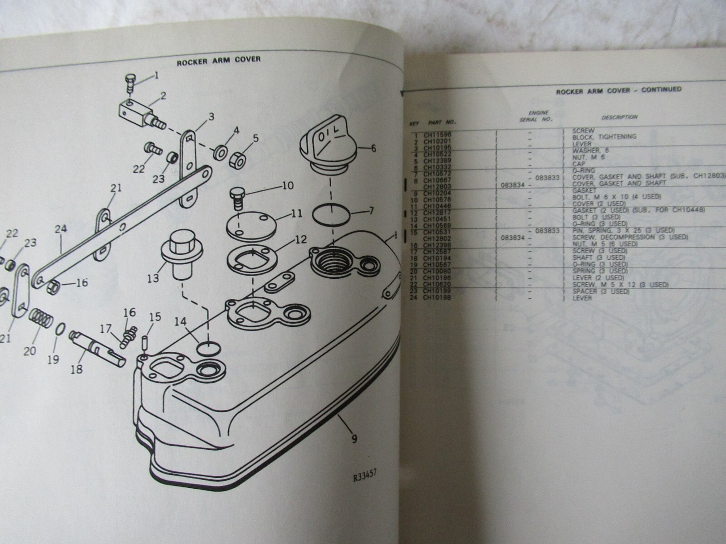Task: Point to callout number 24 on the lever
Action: pos(60,229)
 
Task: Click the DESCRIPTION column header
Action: pos(619,117)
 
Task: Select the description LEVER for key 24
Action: pos(582,298)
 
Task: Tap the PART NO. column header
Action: pos(442,122)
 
